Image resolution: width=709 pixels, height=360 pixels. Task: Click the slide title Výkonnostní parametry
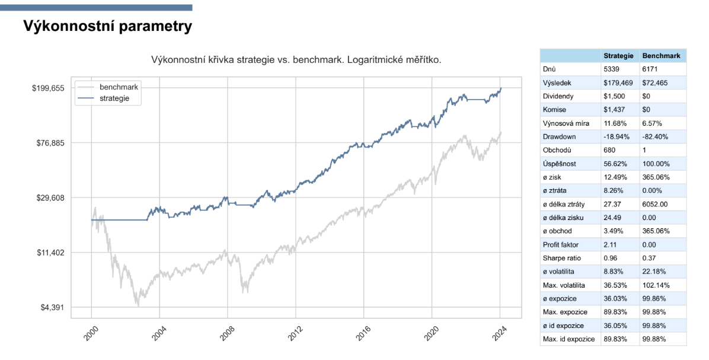pyautogui.click(x=107, y=27)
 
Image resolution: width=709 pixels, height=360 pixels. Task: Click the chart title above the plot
pyautogui.click(x=297, y=60)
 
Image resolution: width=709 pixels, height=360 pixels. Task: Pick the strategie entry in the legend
pyautogui.click(x=114, y=98)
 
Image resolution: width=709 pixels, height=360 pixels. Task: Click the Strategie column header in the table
pyautogui.click(x=618, y=56)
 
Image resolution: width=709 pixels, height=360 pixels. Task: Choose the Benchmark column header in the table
pyautogui.click(x=662, y=56)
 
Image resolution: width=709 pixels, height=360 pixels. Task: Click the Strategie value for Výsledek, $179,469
pyautogui.click(x=618, y=83)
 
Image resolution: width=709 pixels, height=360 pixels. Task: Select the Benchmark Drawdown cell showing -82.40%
pyautogui.click(x=656, y=137)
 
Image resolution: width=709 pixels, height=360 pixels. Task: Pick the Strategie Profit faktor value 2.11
pyautogui.click(x=611, y=244)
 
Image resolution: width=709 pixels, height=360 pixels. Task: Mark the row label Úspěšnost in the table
pyautogui.click(x=558, y=164)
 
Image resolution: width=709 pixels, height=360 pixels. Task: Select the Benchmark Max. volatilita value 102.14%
pyautogui.click(x=656, y=285)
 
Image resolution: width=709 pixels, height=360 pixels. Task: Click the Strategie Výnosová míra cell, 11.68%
pyautogui.click(x=614, y=123)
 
